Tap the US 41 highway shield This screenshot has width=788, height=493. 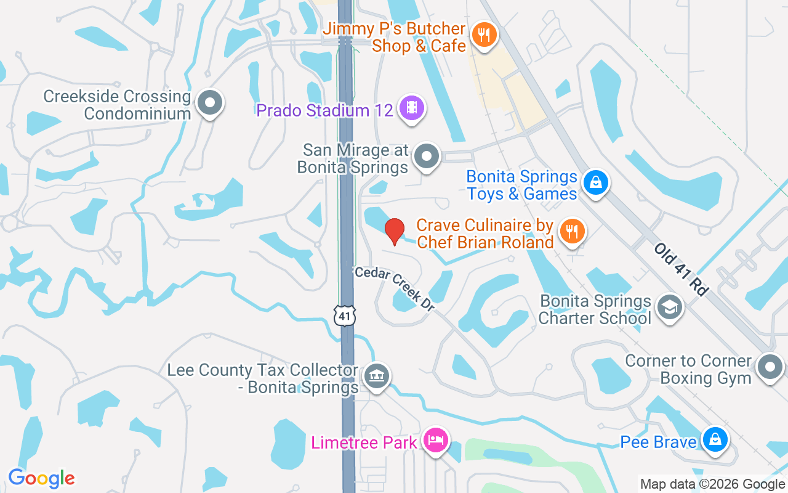345,315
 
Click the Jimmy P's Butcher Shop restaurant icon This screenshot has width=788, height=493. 484,35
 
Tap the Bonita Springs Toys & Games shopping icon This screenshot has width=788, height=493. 595,182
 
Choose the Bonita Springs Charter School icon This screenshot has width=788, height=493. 669,307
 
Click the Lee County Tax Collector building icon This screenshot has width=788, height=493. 376,376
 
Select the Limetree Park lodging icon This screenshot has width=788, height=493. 436,441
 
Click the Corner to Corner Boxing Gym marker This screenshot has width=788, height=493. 770,367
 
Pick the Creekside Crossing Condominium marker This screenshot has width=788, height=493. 209,103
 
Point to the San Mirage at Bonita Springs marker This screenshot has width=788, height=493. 426,156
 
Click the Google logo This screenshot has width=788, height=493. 41,478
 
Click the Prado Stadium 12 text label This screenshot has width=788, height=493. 324,110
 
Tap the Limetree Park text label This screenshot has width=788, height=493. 364,442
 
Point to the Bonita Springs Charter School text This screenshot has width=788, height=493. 595,309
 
